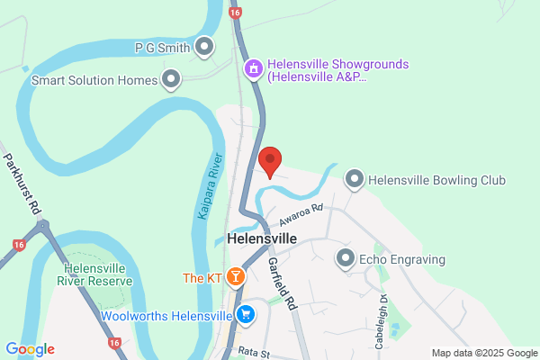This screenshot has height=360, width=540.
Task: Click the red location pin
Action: (x=270, y=161)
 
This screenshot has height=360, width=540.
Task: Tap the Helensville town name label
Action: (x=262, y=240)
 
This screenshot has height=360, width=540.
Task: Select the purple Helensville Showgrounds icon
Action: (x=255, y=67)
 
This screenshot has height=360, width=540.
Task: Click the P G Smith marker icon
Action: (x=205, y=46)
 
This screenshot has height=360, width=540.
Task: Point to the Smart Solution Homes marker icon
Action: (x=171, y=80)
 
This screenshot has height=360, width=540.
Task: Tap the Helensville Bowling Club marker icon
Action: (x=355, y=180)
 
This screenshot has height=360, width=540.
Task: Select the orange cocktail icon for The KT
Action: (x=235, y=277)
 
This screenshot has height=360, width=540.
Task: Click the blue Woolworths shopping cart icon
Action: (x=244, y=314)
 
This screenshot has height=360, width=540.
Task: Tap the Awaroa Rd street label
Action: (x=300, y=216)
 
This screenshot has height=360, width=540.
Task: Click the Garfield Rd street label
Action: (x=281, y=283)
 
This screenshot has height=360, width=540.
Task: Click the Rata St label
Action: (x=255, y=353)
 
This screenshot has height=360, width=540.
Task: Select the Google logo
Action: (x=30, y=349)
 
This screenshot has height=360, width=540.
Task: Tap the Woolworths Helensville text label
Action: (x=166, y=315)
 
